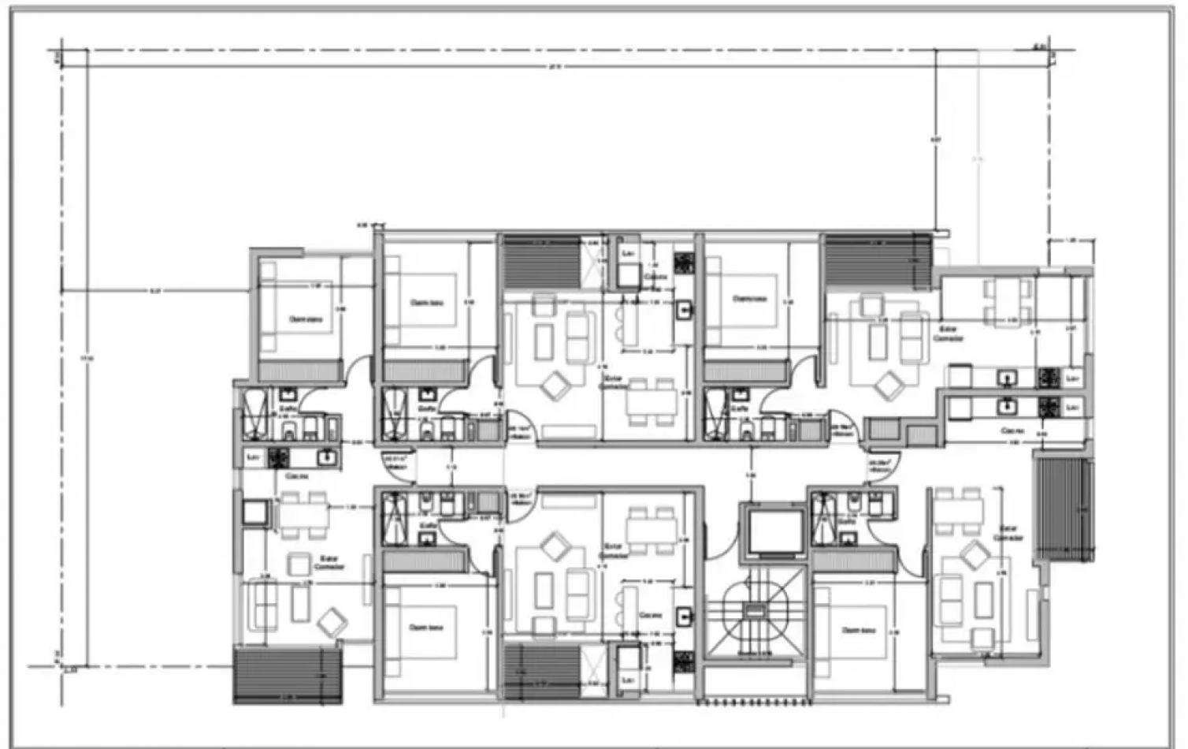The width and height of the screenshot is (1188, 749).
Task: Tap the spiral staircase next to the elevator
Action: tap(755, 613)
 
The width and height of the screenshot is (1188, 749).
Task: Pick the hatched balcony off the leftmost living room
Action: tap(288, 674)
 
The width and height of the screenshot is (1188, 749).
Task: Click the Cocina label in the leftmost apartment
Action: tap(296, 476)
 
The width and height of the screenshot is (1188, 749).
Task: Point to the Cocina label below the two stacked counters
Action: tap(1012, 431)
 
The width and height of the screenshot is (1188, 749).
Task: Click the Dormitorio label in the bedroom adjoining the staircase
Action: tap(859, 630)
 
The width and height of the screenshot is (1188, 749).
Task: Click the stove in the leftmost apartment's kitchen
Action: tap(277, 456)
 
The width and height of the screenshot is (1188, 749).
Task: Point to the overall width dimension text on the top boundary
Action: tap(554, 66)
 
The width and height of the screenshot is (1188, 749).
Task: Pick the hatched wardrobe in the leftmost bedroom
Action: tap(296, 371)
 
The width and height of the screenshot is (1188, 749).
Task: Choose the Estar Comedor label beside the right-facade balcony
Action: tap(1008, 533)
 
